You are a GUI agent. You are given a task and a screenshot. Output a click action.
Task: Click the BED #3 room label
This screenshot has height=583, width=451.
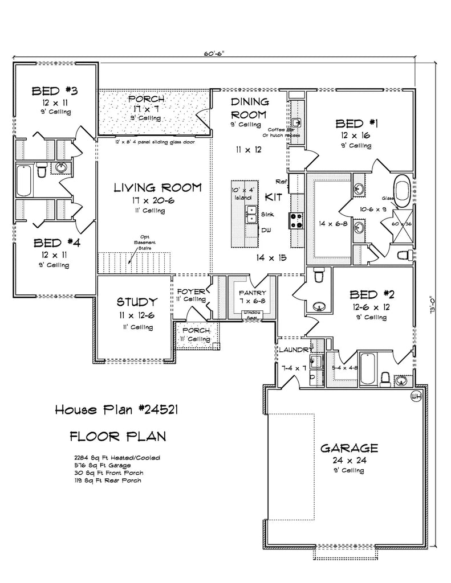[x=55, y=91]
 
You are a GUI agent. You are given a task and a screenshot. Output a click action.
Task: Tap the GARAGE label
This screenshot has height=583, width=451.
[x=349, y=447]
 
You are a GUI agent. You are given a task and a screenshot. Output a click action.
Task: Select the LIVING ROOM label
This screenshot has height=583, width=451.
[x=157, y=187]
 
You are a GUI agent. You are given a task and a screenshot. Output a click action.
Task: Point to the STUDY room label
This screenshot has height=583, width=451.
[x=136, y=302]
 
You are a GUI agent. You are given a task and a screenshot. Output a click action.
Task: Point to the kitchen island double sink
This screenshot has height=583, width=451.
[x=250, y=215]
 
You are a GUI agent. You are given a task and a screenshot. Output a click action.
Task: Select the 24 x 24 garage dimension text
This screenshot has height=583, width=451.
[x=349, y=459]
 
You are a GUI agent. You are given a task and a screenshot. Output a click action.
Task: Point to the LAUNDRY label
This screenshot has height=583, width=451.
[x=294, y=350]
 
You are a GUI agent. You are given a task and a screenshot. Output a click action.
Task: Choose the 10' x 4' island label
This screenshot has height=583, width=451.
[x=242, y=192]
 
